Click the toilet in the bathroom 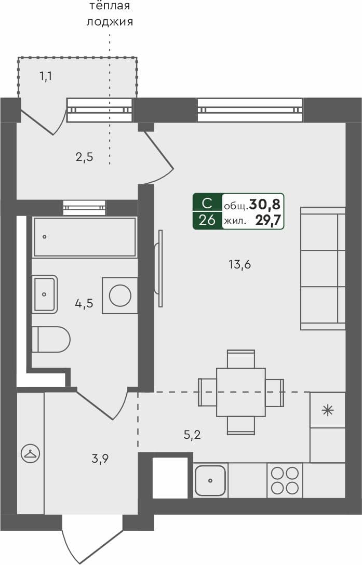(51, 340)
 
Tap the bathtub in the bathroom (85, 237)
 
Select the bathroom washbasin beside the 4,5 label (45, 294)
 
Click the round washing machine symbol (120, 295)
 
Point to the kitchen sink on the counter (210, 481)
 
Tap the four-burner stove (285, 480)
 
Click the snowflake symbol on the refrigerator (328, 410)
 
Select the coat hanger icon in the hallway (30, 454)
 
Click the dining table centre (241, 392)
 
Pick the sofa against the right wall (323, 268)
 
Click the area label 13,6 (239, 265)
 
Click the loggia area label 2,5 (84, 157)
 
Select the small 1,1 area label (46, 77)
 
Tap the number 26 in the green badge (207, 220)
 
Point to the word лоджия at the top (110, 22)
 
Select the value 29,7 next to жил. (268, 220)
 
